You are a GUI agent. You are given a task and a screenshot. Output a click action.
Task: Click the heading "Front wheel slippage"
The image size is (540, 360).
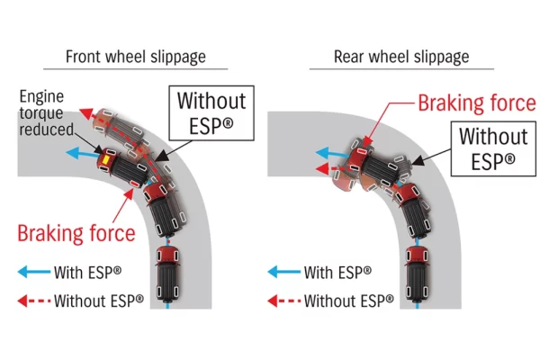pyautogui.click(x=136, y=57)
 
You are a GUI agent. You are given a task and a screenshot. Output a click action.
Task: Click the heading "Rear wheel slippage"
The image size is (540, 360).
pyautogui.click(x=400, y=57)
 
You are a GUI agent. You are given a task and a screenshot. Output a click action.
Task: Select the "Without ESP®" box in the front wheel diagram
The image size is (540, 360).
pyautogui.click(x=210, y=112)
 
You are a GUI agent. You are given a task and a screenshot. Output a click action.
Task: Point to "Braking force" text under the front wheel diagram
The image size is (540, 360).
pyautogui.click(x=78, y=234)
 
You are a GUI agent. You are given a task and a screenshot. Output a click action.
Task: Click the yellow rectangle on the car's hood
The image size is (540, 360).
pyautogui.click(x=105, y=159)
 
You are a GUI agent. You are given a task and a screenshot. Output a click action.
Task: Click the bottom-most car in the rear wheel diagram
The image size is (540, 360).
pyautogui.click(x=418, y=270)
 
